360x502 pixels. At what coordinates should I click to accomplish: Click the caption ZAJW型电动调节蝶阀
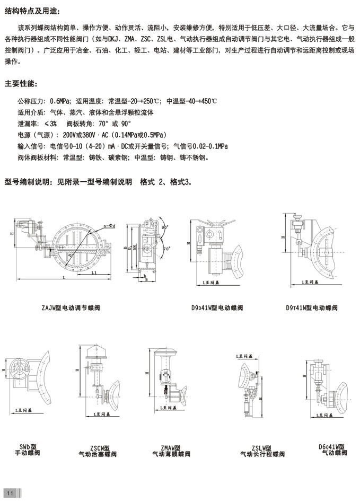(x=71, y=307)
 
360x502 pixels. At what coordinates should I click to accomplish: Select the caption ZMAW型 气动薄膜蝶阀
(x=171, y=451)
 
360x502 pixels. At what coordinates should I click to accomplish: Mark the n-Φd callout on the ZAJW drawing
(x=110, y=225)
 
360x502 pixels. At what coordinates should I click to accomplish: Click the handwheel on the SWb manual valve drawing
(x=20, y=368)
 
